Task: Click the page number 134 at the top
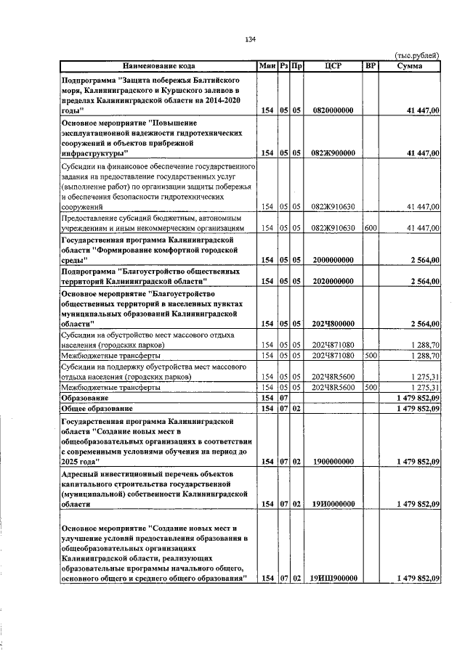(251, 38)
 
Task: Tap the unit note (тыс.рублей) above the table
(417, 56)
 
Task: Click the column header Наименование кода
(158, 66)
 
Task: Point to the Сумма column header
(411, 66)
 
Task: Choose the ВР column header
(371, 66)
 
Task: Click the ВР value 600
(371, 228)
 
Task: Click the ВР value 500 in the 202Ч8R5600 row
(371, 388)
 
